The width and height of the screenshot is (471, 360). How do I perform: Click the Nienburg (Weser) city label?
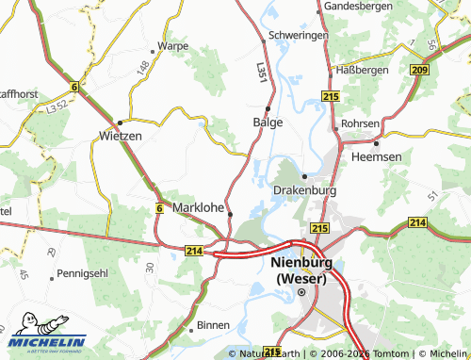301,271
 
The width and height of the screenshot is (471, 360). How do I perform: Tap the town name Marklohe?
198,208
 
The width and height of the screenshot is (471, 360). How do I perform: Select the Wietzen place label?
120,136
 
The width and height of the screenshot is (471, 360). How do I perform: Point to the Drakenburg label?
304,189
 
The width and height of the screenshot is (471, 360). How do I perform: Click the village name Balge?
268,123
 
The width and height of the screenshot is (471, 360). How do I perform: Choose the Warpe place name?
173,45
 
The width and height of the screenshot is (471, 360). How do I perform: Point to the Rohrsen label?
361,123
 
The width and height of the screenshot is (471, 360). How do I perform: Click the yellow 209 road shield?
420,70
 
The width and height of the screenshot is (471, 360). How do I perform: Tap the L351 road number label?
261,72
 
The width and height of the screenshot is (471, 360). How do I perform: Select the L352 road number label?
56,108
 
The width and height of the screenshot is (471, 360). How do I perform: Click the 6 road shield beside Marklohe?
159,208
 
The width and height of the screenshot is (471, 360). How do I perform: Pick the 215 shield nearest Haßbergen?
330,96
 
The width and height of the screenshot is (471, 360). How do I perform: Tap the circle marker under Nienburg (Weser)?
301,292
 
